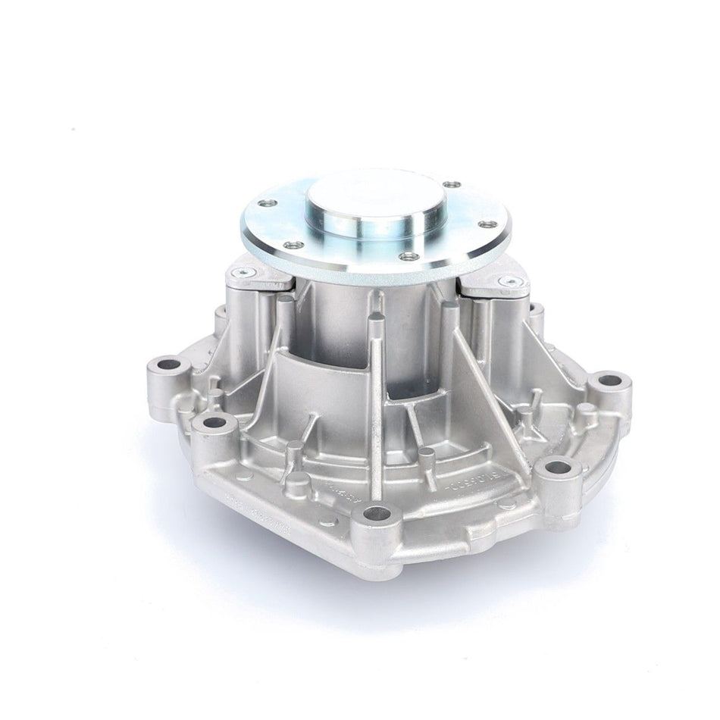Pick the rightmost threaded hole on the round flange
[x=486, y=224]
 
